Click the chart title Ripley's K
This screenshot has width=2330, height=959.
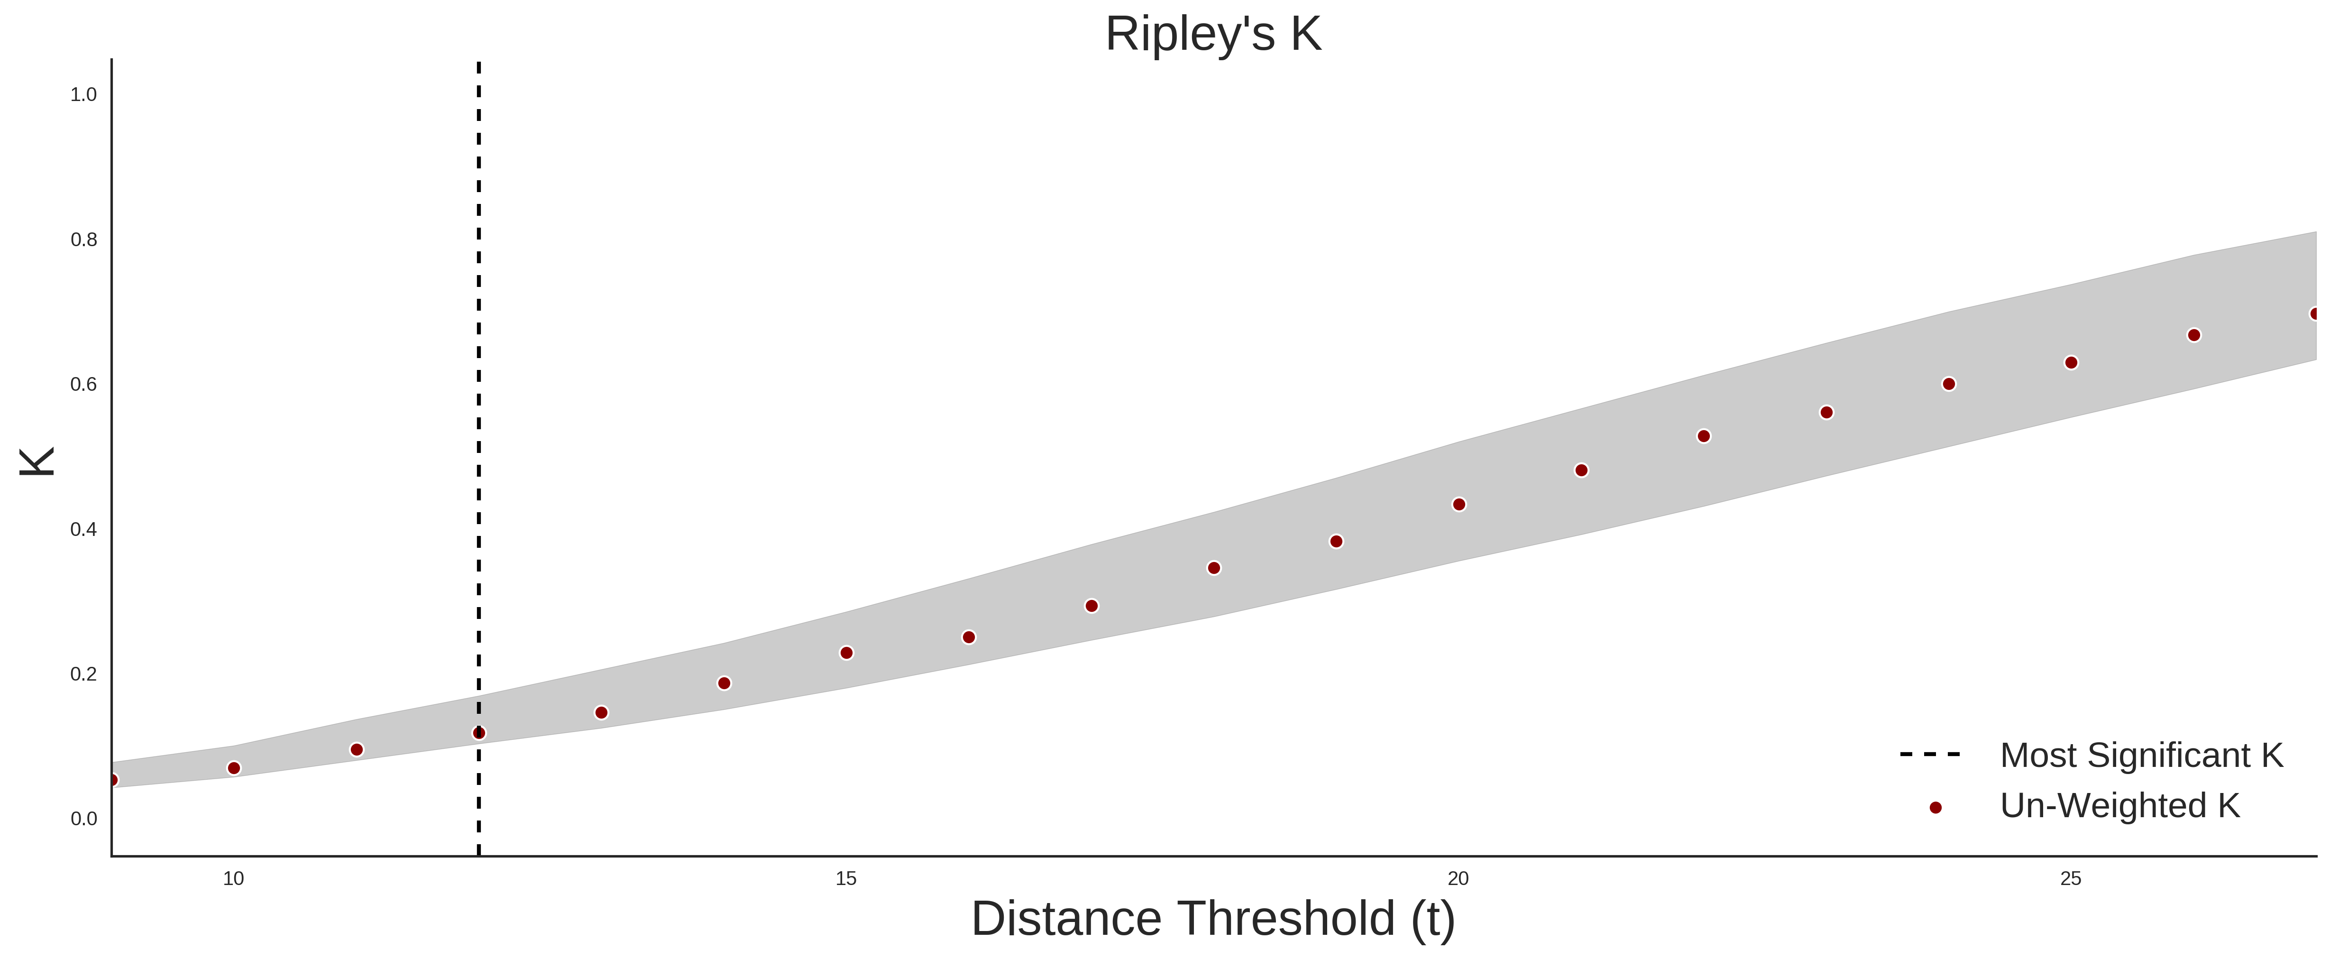tap(1213, 34)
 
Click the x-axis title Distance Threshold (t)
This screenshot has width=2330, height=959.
tap(1213, 919)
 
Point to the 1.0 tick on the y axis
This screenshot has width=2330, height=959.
tap(83, 95)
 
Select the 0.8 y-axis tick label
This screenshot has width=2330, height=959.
tap(83, 240)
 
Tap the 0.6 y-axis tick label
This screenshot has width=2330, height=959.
tap(83, 385)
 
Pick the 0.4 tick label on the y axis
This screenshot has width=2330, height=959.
tap(83, 529)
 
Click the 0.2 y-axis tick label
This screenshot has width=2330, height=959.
tap(83, 674)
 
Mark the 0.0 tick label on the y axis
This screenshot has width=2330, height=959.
tap(83, 819)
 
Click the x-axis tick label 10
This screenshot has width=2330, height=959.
tap(233, 878)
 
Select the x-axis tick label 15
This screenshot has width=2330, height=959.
tap(846, 878)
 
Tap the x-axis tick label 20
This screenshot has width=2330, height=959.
tap(1458, 878)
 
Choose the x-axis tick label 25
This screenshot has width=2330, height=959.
tap(2071, 878)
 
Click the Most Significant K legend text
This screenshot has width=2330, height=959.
tap(2141, 756)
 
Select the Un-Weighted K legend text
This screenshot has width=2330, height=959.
tap(2119, 805)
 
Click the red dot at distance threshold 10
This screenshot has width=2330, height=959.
tap(233, 768)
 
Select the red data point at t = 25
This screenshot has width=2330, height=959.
tap(2071, 363)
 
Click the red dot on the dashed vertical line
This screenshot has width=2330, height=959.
tap(478, 733)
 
